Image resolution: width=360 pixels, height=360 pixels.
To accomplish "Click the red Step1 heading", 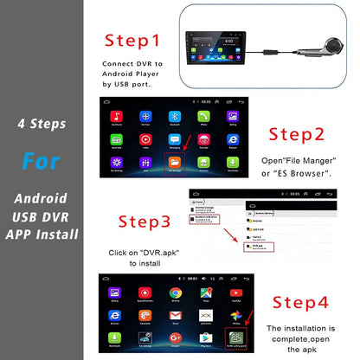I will click(x=132, y=40).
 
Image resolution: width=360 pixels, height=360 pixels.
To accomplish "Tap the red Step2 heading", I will click(x=297, y=134).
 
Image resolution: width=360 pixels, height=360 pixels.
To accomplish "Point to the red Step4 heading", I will click(x=301, y=302).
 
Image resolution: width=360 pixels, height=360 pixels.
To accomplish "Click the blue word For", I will click(x=42, y=162).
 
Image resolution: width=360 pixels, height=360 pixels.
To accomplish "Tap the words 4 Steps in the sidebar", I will click(x=42, y=123).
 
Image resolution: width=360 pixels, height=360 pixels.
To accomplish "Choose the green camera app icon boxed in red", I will click(x=235, y=337).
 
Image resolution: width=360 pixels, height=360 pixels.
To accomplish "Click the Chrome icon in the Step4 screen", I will click(x=175, y=293).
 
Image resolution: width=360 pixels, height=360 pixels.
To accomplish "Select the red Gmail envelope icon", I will click(x=205, y=315).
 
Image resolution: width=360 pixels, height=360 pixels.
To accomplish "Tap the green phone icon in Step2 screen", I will click(x=205, y=116).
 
